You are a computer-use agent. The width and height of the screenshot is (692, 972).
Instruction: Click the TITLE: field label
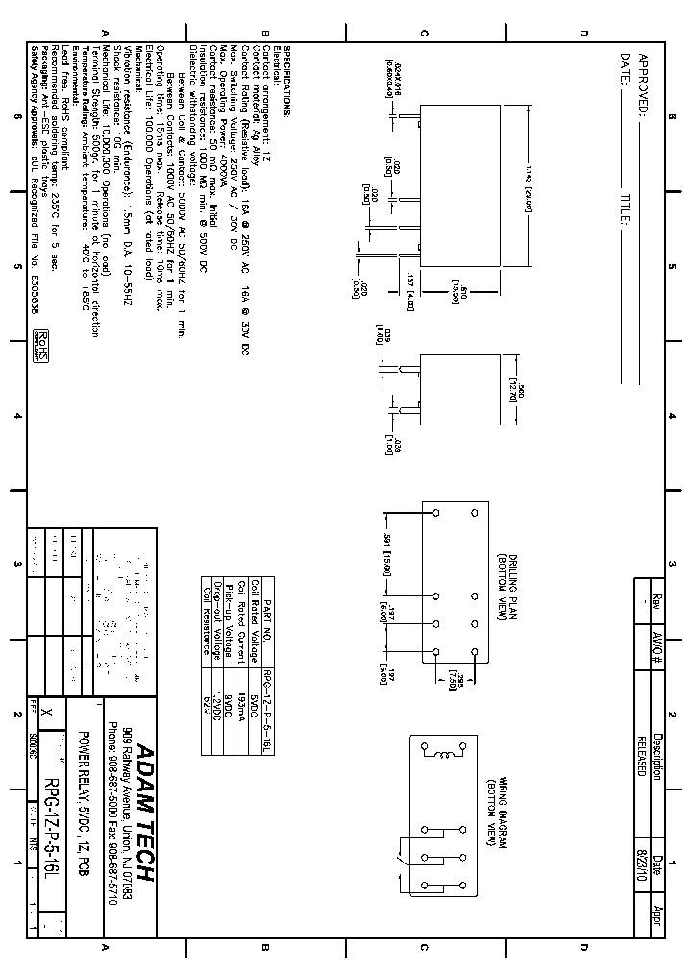tap(624, 212)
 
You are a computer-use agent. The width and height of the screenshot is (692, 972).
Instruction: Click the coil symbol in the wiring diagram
tap(445, 755)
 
